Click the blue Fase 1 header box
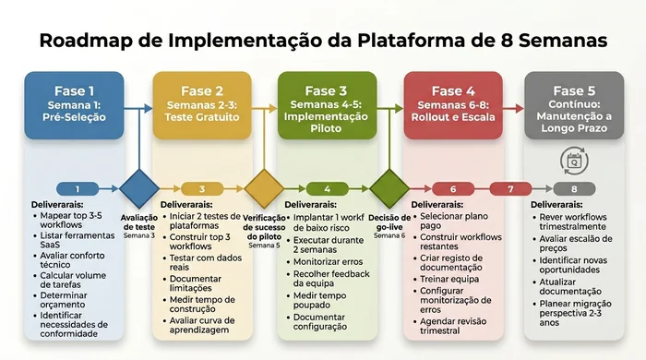74,105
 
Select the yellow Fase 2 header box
201,105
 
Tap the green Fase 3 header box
327,105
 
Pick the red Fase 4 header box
452,105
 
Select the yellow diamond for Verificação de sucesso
264,189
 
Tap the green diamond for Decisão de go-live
389,189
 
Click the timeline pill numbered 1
78,189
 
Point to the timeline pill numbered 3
202,189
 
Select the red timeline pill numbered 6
452,189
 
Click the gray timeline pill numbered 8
574,189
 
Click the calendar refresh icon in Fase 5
573,160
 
